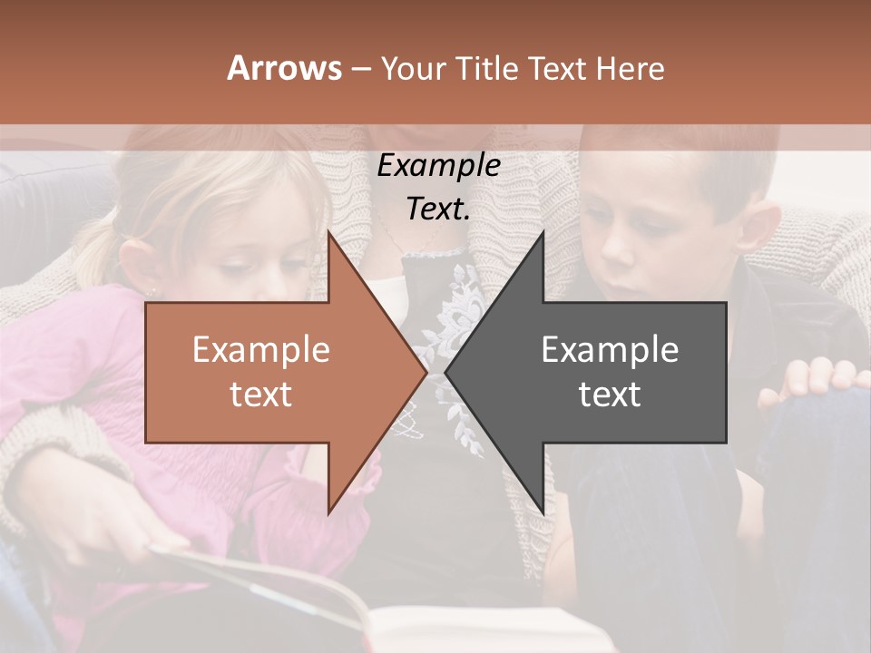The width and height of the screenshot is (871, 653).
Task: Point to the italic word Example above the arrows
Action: click(438, 166)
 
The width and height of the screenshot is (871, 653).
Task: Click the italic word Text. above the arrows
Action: click(438, 209)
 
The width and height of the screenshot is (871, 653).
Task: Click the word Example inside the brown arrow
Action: click(261, 350)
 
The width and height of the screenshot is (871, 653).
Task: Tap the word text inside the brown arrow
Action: click(261, 395)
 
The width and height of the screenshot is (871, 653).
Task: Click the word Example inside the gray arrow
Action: click(610, 350)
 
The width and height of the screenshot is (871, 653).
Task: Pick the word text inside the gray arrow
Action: click(610, 395)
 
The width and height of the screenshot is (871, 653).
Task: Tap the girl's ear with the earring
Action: click(145, 272)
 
